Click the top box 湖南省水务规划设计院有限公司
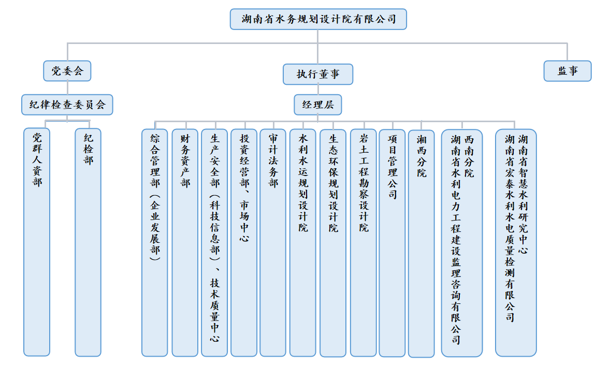tap(318, 19)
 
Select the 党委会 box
tap(67, 71)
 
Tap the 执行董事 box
tap(318, 75)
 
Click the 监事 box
tap(568, 71)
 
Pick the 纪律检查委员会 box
tap(67, 105)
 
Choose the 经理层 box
tap(318, 105)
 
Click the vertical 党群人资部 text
tap(37, 160)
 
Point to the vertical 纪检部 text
tap(89, 149)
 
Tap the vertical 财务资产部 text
tap(185, 160)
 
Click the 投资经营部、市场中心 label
tap(244, 188)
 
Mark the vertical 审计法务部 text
tap(273, 160)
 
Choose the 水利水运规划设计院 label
tap(303, 183)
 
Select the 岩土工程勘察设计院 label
tap(364, 183)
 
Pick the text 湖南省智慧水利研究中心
tap(523, 194)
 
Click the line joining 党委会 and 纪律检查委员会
tap(67, 88)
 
